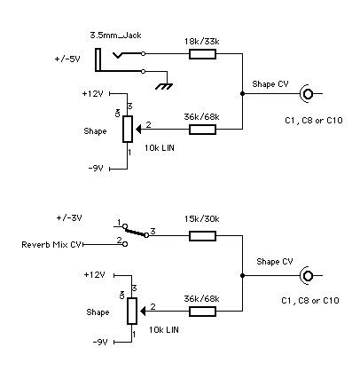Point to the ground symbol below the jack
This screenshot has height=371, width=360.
(161, 86)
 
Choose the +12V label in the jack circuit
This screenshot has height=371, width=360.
(92, 92)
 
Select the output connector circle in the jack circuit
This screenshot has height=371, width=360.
(308, 93)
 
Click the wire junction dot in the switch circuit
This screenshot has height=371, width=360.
(243, 275)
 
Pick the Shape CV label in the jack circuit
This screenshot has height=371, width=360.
(270, 84)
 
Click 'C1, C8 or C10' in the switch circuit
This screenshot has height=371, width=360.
(306, 299)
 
